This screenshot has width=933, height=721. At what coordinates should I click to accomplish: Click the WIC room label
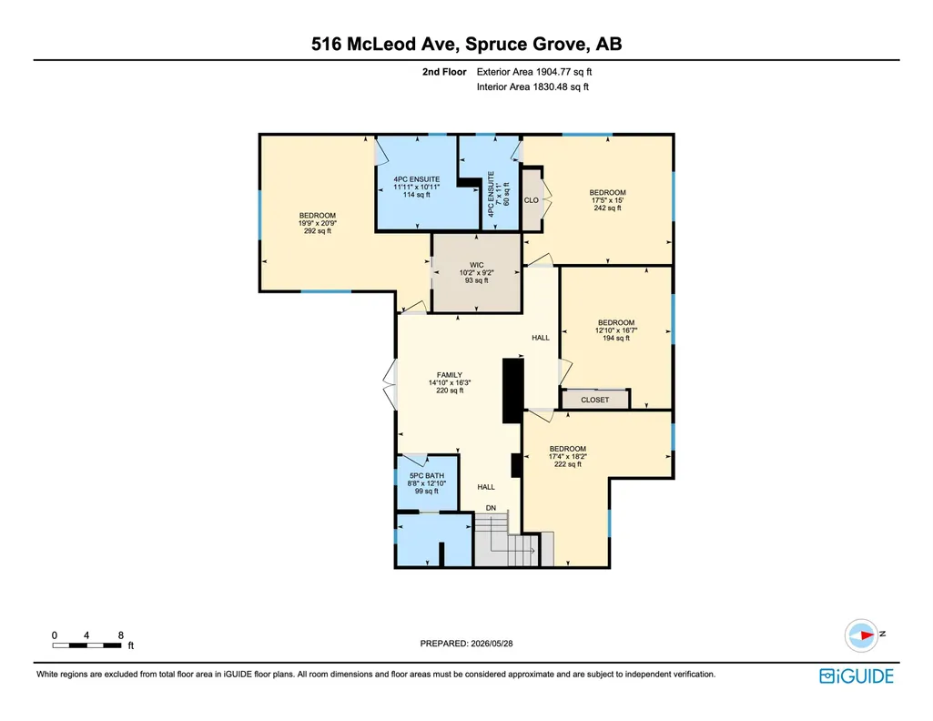(x=477, y=265)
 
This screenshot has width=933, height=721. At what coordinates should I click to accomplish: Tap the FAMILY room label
(x=450, y=375)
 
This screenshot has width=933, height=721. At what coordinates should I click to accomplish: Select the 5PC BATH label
(x=427, y=476)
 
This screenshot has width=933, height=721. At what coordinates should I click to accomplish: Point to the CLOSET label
(x=595, y=400)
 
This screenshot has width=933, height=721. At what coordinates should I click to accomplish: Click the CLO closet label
(x=532, y=200)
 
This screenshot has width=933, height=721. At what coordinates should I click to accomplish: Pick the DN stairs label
(x=491, y=508)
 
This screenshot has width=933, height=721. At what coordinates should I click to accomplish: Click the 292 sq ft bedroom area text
(x=318, y=231)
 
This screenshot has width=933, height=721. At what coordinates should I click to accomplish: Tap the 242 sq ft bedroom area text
(x=607, y=208)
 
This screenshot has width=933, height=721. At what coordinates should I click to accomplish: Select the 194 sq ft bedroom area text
(x=616, y=338)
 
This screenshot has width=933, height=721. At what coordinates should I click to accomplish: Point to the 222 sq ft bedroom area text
(x=568, y=464)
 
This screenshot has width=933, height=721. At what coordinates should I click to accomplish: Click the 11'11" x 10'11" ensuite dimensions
(x=417, y=187)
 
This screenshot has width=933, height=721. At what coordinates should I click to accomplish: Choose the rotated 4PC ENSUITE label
(x=491, y=194)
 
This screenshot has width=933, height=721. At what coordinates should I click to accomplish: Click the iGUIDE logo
(x=857, y=676)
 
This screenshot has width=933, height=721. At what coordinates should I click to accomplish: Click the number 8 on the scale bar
(x=121, y=635)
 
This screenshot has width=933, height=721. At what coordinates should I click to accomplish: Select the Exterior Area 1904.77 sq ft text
(x=534, y=72)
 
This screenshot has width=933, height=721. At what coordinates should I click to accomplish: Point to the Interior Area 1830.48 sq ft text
(x=532, y=86)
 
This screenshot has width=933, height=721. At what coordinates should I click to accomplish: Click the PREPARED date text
(x=466, y=643)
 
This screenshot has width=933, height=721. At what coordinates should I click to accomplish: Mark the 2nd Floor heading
(x=444, y=72)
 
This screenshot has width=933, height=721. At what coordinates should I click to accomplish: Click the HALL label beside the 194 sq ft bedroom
(x=541, y=338)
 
